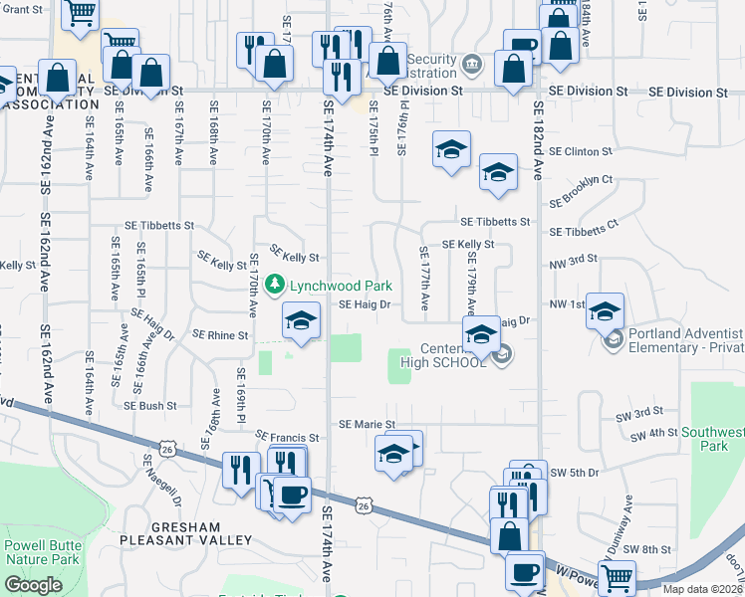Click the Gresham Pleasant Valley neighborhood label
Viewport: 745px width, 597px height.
[x=186, y=532]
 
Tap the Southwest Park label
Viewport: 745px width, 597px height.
[x=712, y=440]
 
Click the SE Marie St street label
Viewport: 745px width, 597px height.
[x=368, y=425]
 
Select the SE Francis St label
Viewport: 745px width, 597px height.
[x=287, y=437]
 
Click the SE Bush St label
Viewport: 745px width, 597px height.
[x=150, y=406]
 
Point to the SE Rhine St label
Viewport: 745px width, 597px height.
[x=220, y=335]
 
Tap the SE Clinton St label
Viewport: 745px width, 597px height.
[x=578, y=151]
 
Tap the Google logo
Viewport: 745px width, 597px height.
[x=33, y=585]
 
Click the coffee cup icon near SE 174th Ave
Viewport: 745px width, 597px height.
[x=292, y=496]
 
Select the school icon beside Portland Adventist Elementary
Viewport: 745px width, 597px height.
[x=604, y=313]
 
